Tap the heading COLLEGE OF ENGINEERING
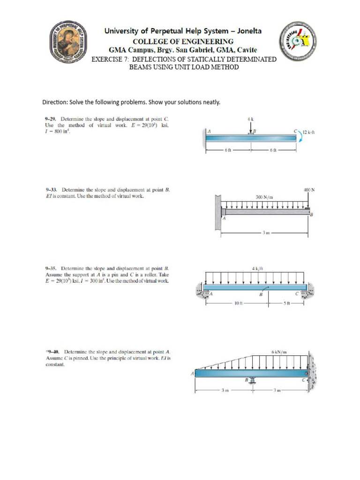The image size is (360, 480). pos(183,41)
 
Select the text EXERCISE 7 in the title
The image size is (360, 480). pos(109,59)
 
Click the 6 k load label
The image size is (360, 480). pos(251,119)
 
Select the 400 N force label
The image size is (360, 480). pos(309,190)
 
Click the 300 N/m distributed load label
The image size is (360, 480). pos(265,197)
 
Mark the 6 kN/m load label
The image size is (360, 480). pos(279,351)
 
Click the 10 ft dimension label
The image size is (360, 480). pos(237,304)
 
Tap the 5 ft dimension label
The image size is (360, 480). pos(289,304)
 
